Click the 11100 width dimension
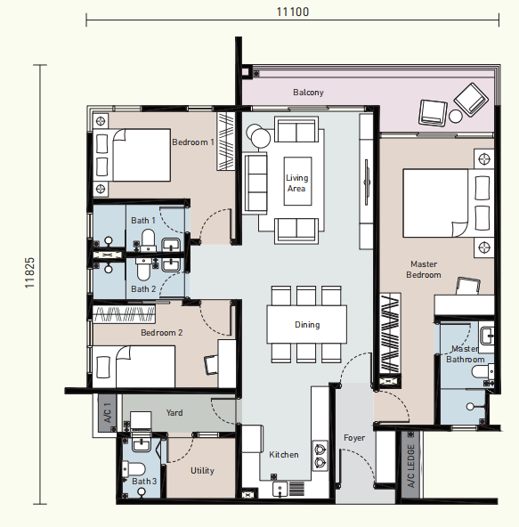click(293, 12)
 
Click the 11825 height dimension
click(30, 272)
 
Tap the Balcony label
click(308, 93)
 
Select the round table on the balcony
click(456, 117)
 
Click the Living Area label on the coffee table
click(296, 183)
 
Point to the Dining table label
click(307, 325)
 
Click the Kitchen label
click(284, 454)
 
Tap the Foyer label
click(354, 438)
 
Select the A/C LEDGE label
click(411, 466)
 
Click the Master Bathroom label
click(466, 354)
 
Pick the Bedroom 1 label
click(193, 142)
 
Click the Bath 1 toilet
click(148, 240)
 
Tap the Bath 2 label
click(143, 289)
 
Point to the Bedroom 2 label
click(162, 333)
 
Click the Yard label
click(174, 413)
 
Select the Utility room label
click(202, 471)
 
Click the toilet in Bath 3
click(134, 469)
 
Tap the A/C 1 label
click(108, 413)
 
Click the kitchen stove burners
click(320, 456)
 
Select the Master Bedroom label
click(424, 270)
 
